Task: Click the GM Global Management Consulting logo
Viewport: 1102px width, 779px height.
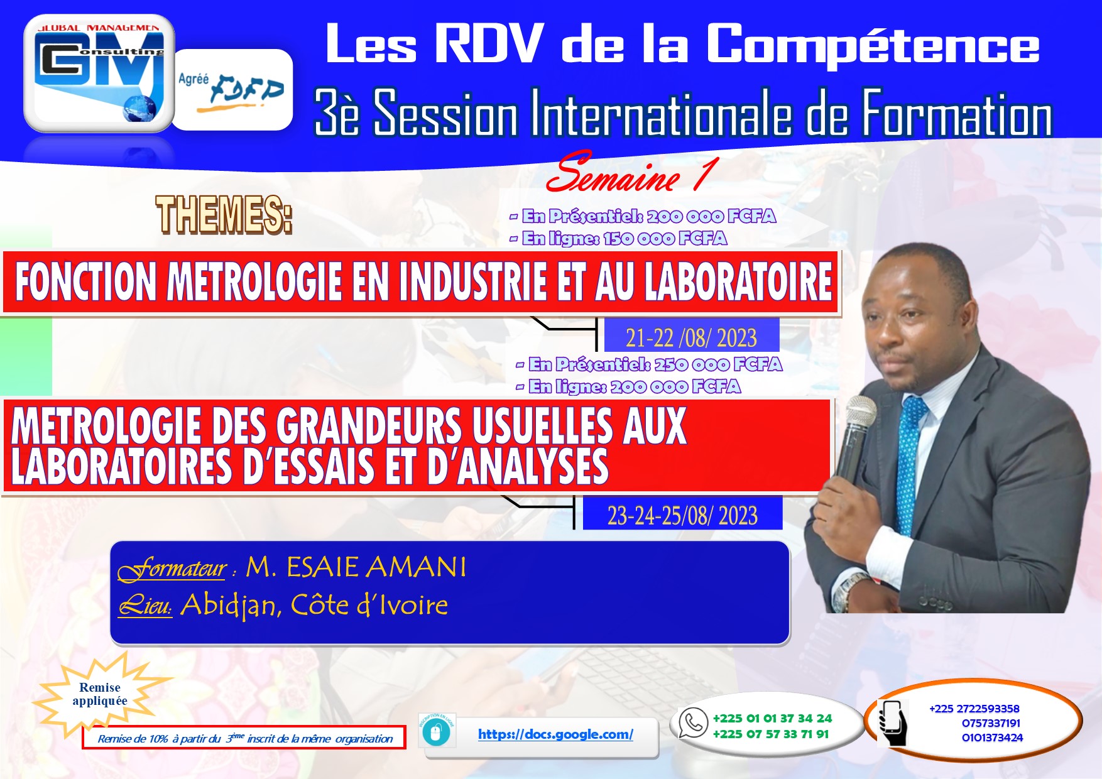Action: tap(99, 73)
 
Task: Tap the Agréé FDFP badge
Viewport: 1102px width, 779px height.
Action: tap(232, 90)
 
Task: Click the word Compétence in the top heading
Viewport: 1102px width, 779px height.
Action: tap(873, 44)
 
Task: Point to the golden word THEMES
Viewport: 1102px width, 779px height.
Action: tap(224, 215)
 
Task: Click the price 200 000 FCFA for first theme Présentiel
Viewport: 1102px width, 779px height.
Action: tap(711, 217)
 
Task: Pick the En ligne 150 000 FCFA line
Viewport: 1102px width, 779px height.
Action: tap(618, 239)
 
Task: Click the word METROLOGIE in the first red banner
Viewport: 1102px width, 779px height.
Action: tap(254, 283)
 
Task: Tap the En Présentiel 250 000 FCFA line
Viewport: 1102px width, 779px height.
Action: tap(649, 365)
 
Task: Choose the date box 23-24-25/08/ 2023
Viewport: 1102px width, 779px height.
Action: tap(682, 515)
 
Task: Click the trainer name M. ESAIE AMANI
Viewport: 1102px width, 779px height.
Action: tap(356, 567)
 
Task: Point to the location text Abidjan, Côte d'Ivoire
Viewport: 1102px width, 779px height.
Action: tap(314, 606)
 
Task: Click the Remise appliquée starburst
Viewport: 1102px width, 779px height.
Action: tap(101, 694)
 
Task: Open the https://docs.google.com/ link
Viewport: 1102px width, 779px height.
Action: tap(555, 734)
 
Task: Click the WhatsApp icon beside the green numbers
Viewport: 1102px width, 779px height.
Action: tap(693, 723)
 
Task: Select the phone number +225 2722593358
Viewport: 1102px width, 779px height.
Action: tap(974, 709)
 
